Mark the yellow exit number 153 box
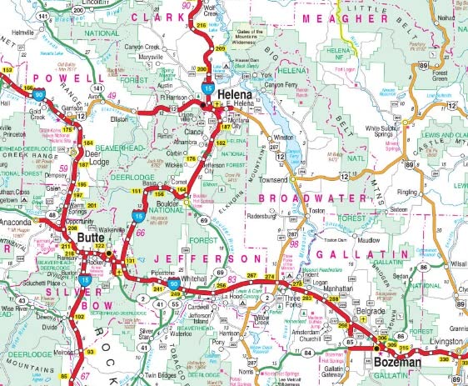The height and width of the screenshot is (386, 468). (7, 71)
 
